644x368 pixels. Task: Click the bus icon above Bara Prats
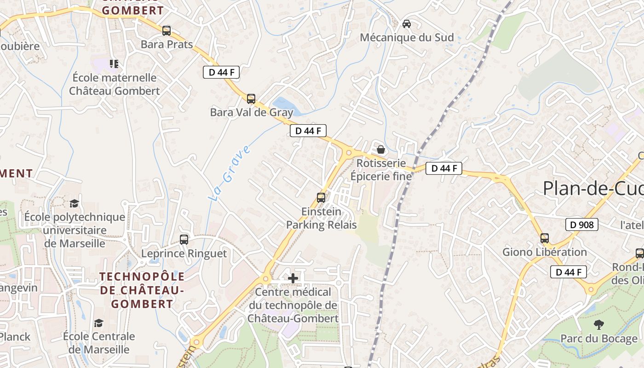click(x=166, y=31)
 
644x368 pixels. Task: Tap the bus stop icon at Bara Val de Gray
click(x=251, y=98)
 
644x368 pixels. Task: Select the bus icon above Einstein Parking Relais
click(x=321, y=198)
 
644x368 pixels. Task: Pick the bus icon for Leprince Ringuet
click(x=184, y=239)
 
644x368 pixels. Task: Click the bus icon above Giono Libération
click(x=545, y=238)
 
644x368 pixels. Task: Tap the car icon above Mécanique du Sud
click(x=407, y=23)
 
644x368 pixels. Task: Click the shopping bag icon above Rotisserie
click(x=381, y=149)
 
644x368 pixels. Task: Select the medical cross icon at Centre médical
click(x=293, y=278)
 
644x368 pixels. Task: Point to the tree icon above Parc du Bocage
click(x=598, y=325)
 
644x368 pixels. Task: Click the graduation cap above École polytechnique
click(x=74, y=203)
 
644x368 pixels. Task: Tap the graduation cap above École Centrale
click(x=98, y=323)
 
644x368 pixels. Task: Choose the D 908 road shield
click(x=581, y=224)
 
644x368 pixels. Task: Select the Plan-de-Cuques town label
click(x=593, y=188)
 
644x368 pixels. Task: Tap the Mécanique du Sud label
click(x=407, y=38)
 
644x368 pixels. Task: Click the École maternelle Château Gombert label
click(x=115, y=84)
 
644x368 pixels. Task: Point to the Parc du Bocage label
click(x=598, y=339)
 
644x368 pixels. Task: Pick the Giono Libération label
click(x=545, y=252)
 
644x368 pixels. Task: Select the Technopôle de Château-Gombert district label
click(x=143, y=290)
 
